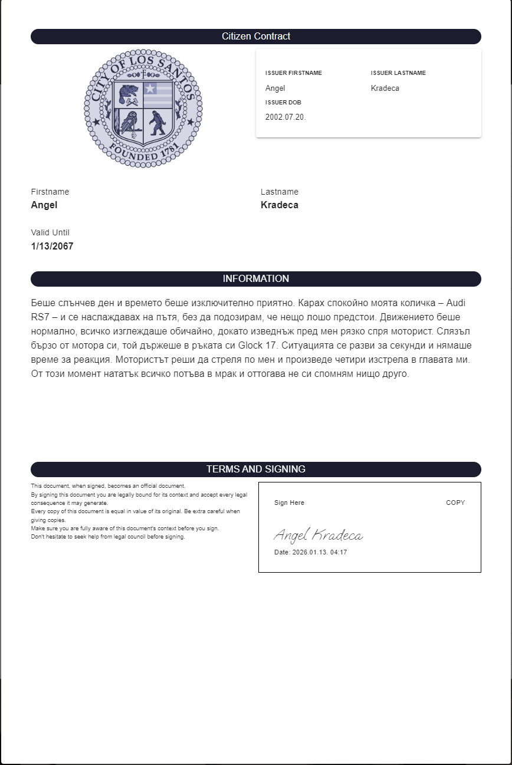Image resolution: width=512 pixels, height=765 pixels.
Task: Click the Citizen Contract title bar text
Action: click(x=256, y=37)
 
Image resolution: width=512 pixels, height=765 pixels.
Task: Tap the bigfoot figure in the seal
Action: click(x=157, y=123)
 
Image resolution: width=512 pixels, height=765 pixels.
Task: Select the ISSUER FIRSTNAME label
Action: click(x=294, y=73)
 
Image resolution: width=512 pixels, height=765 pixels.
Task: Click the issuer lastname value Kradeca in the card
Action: click(x=385, y=88)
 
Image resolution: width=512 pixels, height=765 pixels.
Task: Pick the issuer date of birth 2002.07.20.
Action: click(x=285, y=117)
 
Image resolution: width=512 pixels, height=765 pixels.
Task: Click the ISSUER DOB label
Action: click(x=283, y=103)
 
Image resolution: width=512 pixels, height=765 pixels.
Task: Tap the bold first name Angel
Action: click(x=44, y=205)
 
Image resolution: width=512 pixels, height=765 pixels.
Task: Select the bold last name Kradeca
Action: click(x=280, y=205)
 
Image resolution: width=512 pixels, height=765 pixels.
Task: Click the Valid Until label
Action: click(x=50, y=233)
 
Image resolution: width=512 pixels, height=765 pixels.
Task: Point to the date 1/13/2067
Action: click(x=52, y=247)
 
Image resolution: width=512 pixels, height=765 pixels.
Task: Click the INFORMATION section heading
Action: click(x=256, y=279)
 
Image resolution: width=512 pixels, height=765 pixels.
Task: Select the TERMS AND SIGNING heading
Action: click(x=256, y=469)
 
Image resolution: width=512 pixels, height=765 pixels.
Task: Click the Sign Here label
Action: click(x=289, y=503)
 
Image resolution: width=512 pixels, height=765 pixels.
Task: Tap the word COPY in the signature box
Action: click(x=455, y=503)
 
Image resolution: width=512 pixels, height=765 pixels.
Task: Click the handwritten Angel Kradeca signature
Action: click(x=319, y=536)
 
